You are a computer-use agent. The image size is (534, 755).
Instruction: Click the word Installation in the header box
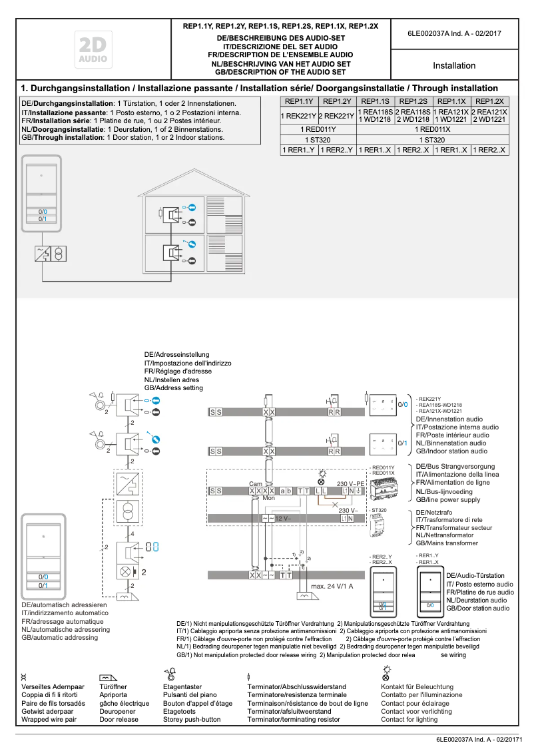(x=454, y=66)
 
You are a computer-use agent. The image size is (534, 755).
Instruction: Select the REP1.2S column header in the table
(x=413, y=101)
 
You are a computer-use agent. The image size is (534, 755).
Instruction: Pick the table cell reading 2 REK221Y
(x=337, y=116)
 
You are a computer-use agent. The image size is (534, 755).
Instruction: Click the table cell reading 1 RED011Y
(x=318, y=129)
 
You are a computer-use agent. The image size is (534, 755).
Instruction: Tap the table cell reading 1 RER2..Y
(x=337, y=150)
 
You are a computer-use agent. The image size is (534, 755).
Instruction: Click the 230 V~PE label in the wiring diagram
(x=351, y=484)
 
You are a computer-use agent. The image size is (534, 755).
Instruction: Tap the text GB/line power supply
(x=447, y=499)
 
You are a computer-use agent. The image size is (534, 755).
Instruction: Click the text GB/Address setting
(x=174, y=387)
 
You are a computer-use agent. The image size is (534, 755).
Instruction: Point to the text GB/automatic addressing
(x=60, y=637)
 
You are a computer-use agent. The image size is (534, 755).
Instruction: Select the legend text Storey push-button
(x=192, y=720)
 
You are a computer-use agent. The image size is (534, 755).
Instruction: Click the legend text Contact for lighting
(x=409, y=720)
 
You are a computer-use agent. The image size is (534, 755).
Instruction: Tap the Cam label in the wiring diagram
(x=255, y=484)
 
